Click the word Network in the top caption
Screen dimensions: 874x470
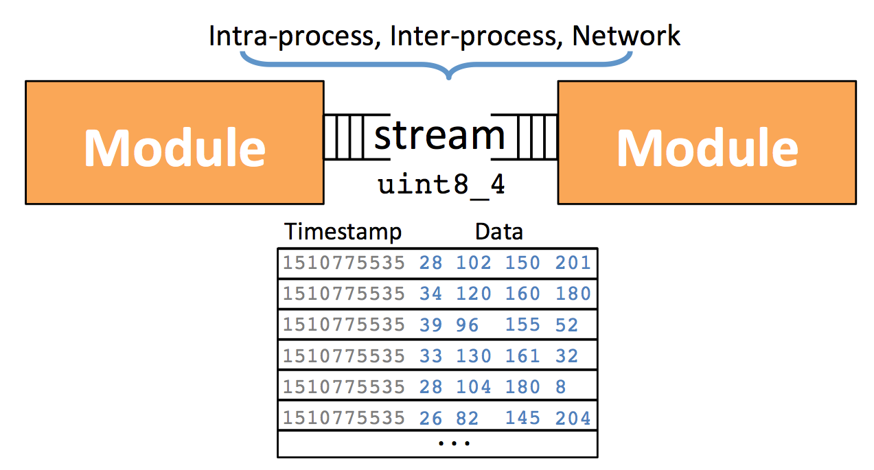(626, 36)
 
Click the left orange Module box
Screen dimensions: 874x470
(175, 142)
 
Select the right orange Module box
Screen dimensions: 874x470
(707, 142)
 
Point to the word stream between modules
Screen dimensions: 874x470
(439, 135)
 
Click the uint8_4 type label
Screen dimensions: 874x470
(441, 185)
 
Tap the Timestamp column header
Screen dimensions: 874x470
(343, 232)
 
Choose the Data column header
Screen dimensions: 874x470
(499, 232)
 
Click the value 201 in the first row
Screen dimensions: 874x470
(573, 263)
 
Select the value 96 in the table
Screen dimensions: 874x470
(468, 325)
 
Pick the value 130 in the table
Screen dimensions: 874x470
(474, 355)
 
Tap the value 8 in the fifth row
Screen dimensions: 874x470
(561, 387)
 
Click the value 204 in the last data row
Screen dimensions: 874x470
(573, 418)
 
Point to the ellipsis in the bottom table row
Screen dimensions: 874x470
(455, 443)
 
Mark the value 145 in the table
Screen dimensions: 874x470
(523, 418)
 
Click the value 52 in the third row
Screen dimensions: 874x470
(566, 325)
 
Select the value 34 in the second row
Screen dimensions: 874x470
(430, 294)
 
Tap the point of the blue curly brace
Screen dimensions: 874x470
(449, 78)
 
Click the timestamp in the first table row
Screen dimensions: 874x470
(344, 263)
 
